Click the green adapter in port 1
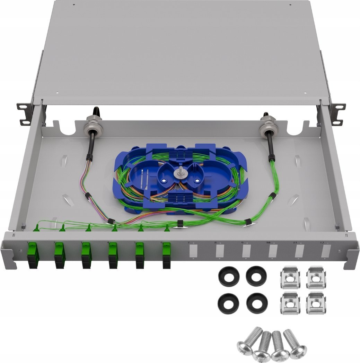pos(33,255)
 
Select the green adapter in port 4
pos(113,255)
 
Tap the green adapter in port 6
pos(167,255)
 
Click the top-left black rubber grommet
pos(229,276)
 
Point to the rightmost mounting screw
pos(295,343)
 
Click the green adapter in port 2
pos(59,255)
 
